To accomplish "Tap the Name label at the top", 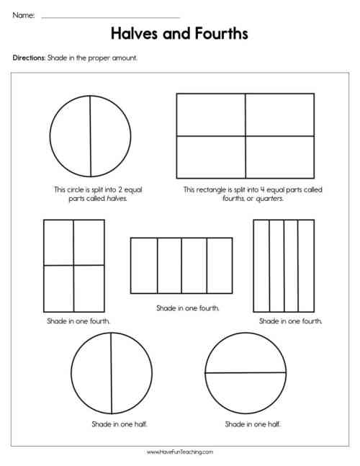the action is click(x=23, y=14).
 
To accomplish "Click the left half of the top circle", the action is click(x=71, y=137).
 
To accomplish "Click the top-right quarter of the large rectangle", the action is click(x=279, y=115).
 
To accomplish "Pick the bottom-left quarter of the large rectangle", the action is click(x=211, y=156).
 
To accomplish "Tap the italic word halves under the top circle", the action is click(x=116, y=197).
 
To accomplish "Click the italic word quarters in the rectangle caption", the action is click(x=269, y=197).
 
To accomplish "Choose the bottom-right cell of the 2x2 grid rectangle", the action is click(x=89, y=288).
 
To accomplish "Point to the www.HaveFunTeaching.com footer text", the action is click(x=180, y=452).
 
